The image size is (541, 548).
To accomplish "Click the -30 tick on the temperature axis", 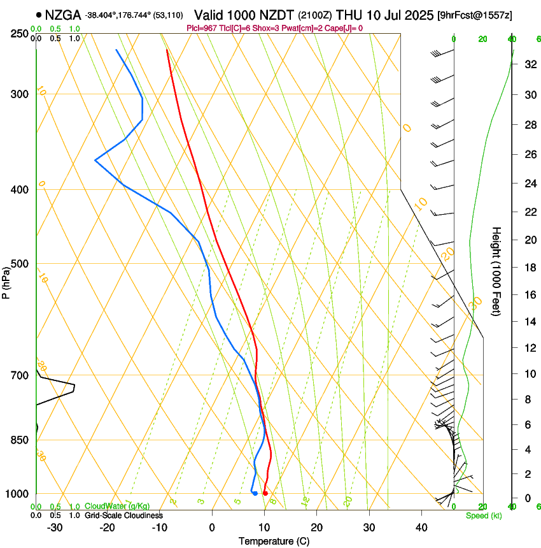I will (55, 528).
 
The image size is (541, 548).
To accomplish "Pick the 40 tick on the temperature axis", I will (421, 528).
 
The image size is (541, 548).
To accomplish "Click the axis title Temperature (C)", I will (274, 542).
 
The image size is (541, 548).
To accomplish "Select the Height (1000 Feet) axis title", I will (497, 271).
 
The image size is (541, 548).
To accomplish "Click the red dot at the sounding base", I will (265, 493).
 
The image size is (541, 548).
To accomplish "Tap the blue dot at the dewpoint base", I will (255, 493).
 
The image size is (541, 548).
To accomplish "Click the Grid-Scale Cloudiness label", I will (123, 515).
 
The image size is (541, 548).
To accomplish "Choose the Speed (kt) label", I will (484, 516).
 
